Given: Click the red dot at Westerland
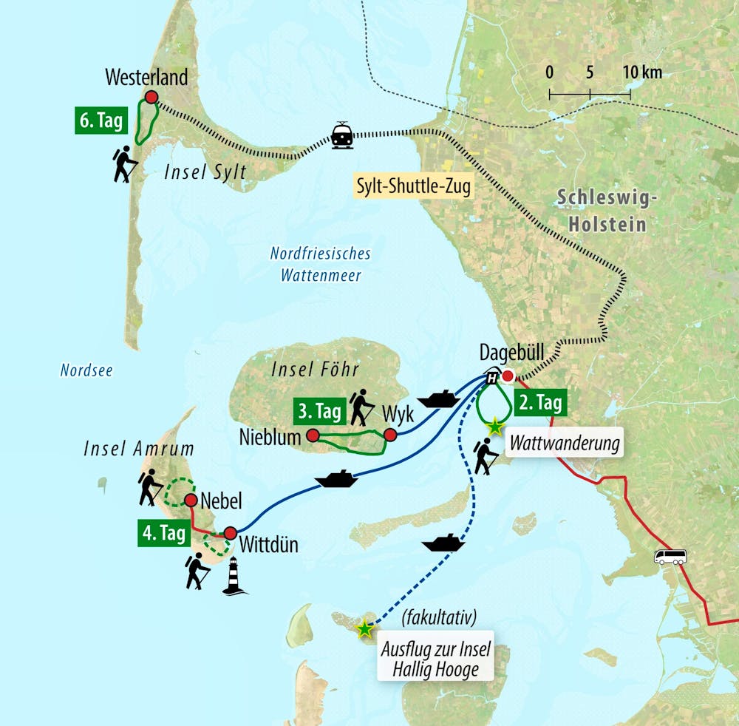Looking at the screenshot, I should [151, 97].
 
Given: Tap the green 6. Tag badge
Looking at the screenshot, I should [99, 121].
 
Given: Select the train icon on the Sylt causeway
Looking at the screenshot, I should [341, 135].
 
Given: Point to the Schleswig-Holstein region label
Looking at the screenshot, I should [602, 209].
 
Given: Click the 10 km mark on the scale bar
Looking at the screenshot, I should [630, 93].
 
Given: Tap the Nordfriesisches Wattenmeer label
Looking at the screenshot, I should [320, 264].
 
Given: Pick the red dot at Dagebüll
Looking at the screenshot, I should [508, 376].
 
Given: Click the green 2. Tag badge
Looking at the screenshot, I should [539, 403].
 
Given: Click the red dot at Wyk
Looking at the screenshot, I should [390, 435].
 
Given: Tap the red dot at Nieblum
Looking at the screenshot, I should [313, 435].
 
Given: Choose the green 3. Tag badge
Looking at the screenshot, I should [319, 410].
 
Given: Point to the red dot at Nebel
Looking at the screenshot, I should [190, 501].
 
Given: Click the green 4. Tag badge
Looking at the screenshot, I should [163, 534].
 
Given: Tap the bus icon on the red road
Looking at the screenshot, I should [670, 557].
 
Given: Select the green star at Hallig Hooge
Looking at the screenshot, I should [364, 629].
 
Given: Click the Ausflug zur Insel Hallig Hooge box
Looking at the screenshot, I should [435, 660].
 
